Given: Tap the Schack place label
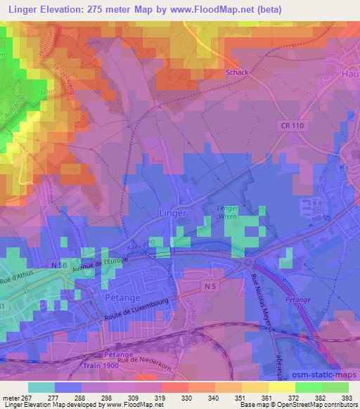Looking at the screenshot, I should pyautogui.click(x=238, y=72).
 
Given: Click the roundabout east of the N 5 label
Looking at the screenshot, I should pyautogui.click(x=247, y=263).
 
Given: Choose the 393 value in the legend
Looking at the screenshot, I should pyautogui.click(x=347, y=398).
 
